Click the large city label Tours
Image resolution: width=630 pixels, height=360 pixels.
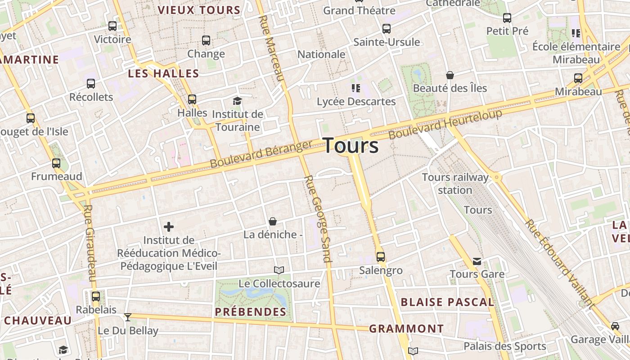click(351, 146)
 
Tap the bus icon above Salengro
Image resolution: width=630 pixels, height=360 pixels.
click(381, 257)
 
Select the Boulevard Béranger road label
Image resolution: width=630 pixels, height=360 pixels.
click(261, 154)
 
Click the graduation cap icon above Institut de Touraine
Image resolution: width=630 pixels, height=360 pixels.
click(237, 101)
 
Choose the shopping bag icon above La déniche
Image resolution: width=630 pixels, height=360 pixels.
click(272, 221)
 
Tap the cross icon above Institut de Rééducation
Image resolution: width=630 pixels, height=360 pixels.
click(169, 227)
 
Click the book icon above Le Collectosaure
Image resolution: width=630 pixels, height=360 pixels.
click(279, 270)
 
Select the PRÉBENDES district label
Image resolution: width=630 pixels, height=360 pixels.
click(251, 312)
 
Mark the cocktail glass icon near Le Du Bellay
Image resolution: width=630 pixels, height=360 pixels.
click(128, 317)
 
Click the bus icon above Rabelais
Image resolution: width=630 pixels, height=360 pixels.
click(96, 296)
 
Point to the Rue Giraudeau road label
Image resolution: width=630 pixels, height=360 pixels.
click(90, 243)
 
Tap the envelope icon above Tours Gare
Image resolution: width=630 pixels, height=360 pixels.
click(477, 261)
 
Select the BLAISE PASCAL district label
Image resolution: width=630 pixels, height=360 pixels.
click(447, 302)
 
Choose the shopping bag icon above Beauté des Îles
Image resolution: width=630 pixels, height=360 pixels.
click(450, 75)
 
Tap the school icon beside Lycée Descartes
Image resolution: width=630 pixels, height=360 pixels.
click(356, 88)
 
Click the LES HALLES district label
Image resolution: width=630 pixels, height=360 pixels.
click(163, 73)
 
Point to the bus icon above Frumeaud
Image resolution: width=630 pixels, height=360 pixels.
click(56, 163)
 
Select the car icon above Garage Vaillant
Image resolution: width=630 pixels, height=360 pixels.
click(615, 326)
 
